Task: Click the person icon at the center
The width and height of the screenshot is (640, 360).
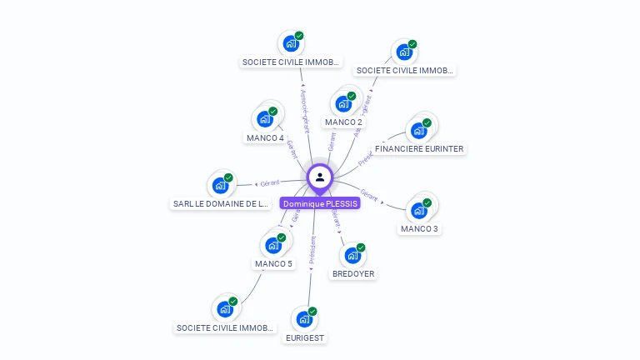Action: [320, 177]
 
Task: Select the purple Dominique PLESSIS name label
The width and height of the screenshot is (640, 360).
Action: [320, 203]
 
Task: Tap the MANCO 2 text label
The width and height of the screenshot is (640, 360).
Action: [343, 122]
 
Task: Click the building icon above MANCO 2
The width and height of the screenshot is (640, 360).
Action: [342, 104]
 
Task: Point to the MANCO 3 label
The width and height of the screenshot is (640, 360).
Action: [419, 229]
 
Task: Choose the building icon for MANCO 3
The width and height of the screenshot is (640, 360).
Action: [418, 210]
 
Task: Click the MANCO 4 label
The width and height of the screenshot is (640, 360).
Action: [265, 138]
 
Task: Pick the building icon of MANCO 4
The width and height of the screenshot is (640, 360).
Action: [265, 118]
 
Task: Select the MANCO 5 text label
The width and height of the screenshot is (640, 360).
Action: [273, 264]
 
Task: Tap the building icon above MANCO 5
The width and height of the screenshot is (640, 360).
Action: [272, 246]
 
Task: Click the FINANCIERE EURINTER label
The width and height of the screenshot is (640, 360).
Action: [419, 149]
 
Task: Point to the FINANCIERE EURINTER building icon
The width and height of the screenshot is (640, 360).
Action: [417, 131]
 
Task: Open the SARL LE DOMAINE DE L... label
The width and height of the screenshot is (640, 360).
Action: [221, 203]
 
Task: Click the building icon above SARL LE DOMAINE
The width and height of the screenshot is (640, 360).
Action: [220, 185]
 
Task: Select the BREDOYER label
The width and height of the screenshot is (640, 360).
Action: [353, 274]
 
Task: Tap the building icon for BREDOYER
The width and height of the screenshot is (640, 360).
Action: [352, 255]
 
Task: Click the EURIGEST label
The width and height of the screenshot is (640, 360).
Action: [305, 338]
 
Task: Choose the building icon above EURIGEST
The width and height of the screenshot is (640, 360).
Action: [304, 318]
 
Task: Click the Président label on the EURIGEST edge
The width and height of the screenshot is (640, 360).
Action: [312, 250]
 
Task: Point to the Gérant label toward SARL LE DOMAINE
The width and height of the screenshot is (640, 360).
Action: [269, 182]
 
